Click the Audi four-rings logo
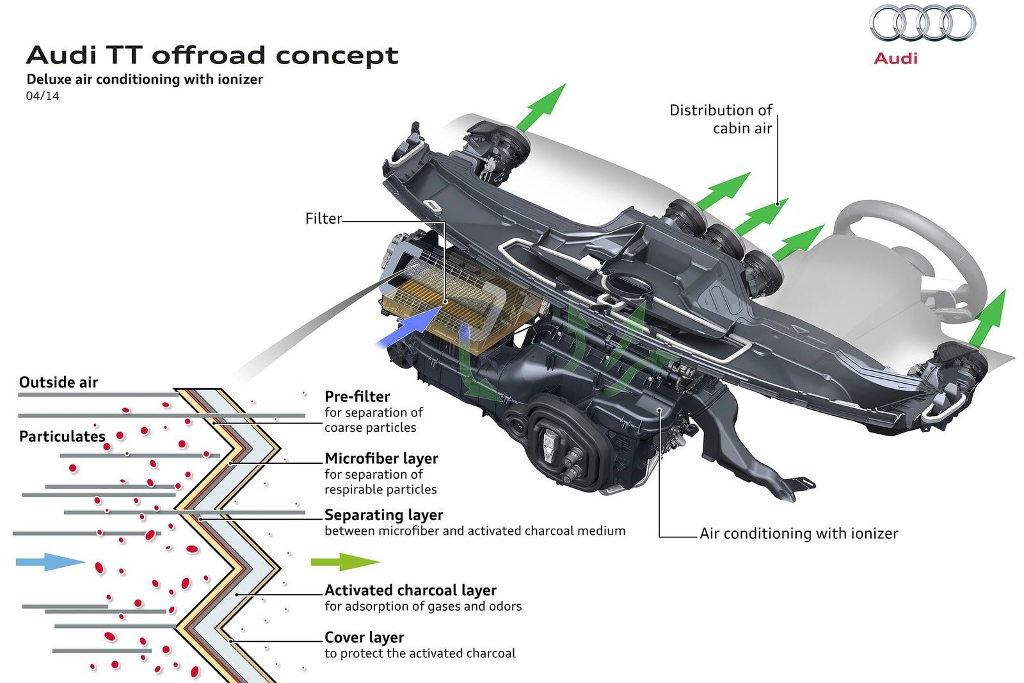922,24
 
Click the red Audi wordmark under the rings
895,58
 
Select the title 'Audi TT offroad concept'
212,55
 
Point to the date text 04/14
42,96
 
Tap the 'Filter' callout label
324,218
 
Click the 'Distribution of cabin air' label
721,119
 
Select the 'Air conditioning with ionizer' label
799,533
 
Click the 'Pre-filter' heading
357,396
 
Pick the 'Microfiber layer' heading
381,458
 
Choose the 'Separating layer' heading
384,514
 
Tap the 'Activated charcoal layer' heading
410,590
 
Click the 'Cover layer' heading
364,638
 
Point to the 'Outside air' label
58,383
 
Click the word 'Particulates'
62,436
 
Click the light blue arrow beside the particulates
49,562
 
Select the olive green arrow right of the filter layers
345,562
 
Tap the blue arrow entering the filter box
408,327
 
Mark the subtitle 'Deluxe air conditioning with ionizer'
145,79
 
